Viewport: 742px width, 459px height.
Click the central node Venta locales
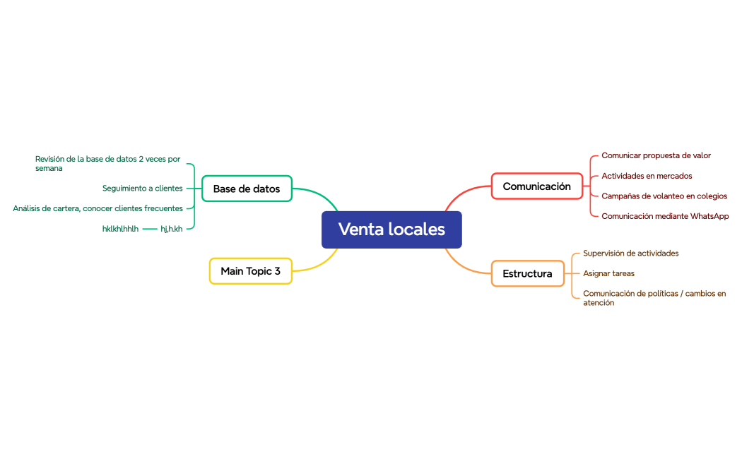pyautogui.click(x=391, y=229)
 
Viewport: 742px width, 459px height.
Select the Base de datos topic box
pyautogui.click(x=247, y=189)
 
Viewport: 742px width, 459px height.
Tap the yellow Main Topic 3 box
pyautogui.click(x=250, y=271)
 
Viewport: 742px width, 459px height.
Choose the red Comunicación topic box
pyautogui.click(x=536, y=186)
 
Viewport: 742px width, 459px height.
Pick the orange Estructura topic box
pyautogui.click(x=527, y=273)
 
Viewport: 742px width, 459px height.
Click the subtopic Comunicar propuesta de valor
pyautogui.click(x=656, y=155)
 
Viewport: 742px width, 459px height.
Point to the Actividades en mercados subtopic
pyautogui.click(x=647, y=176)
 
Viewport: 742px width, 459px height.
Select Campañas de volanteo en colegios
pyautogui.click(x=664, y=196)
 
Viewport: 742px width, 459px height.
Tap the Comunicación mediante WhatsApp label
pyautogui.click(x=664, y=216)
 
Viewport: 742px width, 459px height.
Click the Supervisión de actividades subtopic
pyautogui.click(x=630, y=253)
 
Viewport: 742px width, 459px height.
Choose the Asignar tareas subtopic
pyautogui.click(x=608, y=273)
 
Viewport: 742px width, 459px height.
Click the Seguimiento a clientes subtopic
pyautogui.click(x=142, y=189)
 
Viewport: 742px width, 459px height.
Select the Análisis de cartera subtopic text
pyautogui.click(x=98, y=208)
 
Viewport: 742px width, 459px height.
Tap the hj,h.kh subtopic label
pyautogui.click(x=171, y=229)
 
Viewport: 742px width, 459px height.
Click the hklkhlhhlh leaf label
pyautogui.click(x=120, y=229)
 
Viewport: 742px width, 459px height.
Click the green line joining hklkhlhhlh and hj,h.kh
pyautogui.click(x=150, y=229)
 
